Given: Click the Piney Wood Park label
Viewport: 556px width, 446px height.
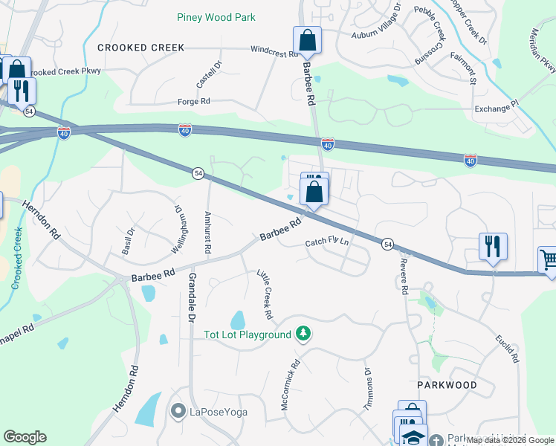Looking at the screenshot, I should point(216,17).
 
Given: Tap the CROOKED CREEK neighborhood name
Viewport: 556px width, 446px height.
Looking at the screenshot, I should point(140,48).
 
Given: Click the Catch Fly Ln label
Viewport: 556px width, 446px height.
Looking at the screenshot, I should point(327,243).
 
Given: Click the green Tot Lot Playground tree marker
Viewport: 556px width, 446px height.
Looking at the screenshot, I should point(303,334).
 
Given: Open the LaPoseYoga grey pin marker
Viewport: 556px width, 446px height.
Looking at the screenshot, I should point(178,410).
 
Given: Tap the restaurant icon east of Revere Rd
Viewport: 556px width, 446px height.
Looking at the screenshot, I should point(493,245).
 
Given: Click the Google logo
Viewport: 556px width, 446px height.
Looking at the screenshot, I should point(25,437).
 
